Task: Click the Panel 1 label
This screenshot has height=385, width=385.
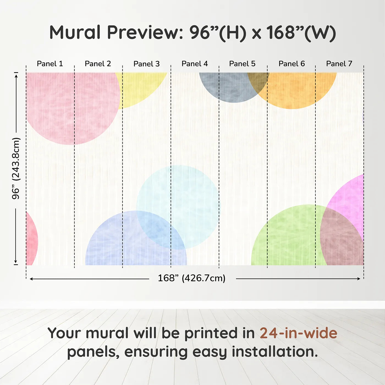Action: pos(50,64)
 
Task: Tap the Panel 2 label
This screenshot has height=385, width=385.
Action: pos(98,64)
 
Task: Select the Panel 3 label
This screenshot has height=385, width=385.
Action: pos(146,64)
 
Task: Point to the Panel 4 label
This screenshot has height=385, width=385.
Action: pos(194,64)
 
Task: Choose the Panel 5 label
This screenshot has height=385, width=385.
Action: pos(242,64)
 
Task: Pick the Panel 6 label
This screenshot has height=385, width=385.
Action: pos(291,64)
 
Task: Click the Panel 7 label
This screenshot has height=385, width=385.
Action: pos(339,64)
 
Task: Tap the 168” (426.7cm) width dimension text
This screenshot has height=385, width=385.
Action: pos(191,278)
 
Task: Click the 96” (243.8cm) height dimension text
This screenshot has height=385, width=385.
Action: pos(16,168)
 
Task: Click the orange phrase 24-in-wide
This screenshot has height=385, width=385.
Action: pos(298,333)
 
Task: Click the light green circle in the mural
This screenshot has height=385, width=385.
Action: pos(286,237)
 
